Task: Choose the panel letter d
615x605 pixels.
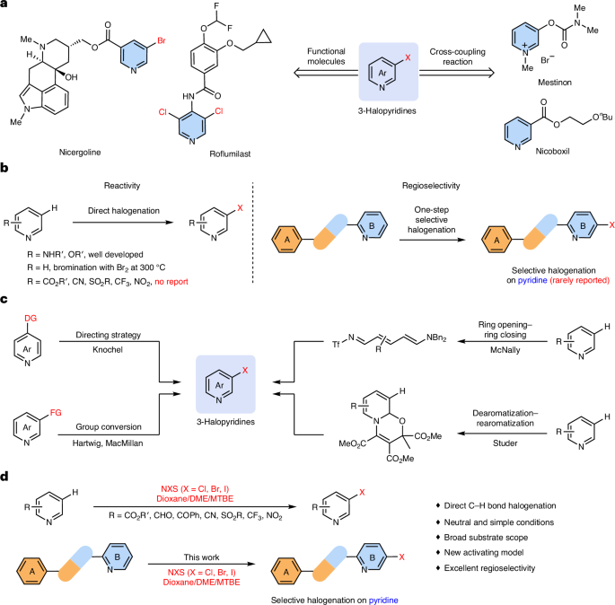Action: tap(6, 474)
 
